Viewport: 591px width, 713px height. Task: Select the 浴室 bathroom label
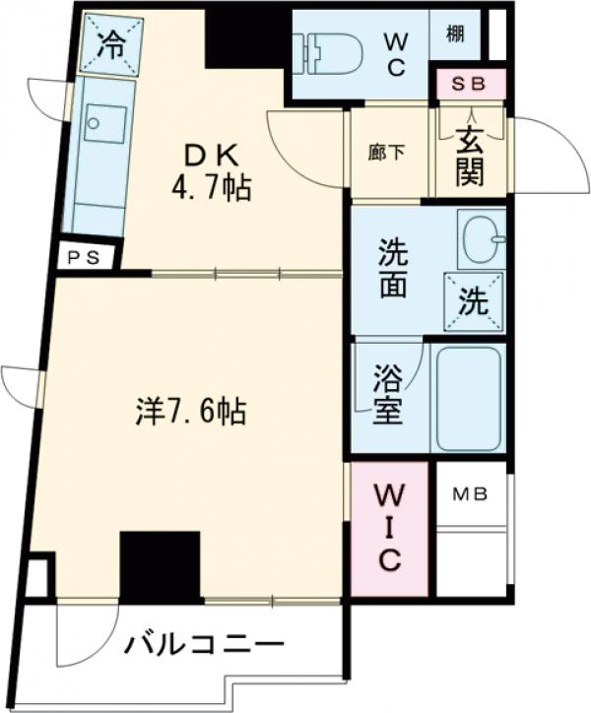[x=388, y=394]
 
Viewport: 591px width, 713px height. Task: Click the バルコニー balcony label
[x=203, y=647]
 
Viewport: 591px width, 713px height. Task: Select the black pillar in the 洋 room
[x=160, y=565]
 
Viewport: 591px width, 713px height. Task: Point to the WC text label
[x=395, y=53]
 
